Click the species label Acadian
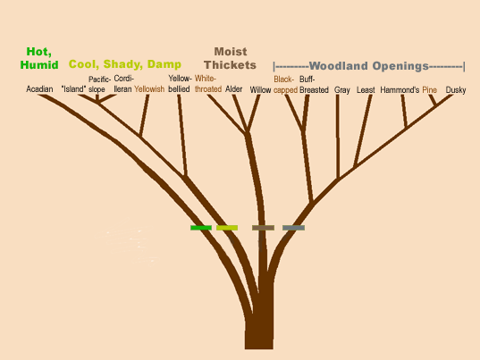click(x=39, y=89)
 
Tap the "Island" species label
click(x=73, y=89)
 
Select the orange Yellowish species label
click(x=149, y=89)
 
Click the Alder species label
click(x=233, y=89)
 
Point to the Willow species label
click(x=260, y=90)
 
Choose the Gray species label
click(x=342, y=90)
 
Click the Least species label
click(x=366, y=90)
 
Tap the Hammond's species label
click(x=400, y=90)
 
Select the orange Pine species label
click(x=429, y=90)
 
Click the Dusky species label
click(x=456, y=90)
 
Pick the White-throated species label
click(x=208, y=84)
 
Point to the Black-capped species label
click(x=286, y=85)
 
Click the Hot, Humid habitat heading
click(x=39, y=58)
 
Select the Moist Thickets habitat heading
click(x=231, y=58)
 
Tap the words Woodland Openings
click(x=368, y=66)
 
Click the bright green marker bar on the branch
click(x=201, y=228)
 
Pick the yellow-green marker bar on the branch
click(x=227, y=228)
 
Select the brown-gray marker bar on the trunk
click(x=263, y=228)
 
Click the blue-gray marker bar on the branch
click(x=293, y=228)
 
